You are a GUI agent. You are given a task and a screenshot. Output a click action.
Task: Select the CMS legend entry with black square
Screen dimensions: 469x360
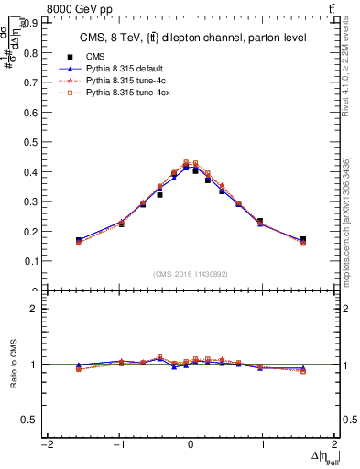[94, 55]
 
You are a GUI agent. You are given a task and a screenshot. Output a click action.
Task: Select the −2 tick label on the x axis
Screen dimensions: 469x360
[46, 445]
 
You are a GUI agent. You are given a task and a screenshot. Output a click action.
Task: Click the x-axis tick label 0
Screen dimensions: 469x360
[190, 445]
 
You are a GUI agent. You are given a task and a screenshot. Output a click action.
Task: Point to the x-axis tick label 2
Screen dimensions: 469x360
[334, 445]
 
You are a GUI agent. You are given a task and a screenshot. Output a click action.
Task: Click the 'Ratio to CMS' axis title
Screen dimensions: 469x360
[12, 364]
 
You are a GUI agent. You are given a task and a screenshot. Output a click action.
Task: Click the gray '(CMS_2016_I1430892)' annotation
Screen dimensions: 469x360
[190, 273]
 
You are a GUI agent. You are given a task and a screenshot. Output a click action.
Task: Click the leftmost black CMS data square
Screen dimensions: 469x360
[79, 240]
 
